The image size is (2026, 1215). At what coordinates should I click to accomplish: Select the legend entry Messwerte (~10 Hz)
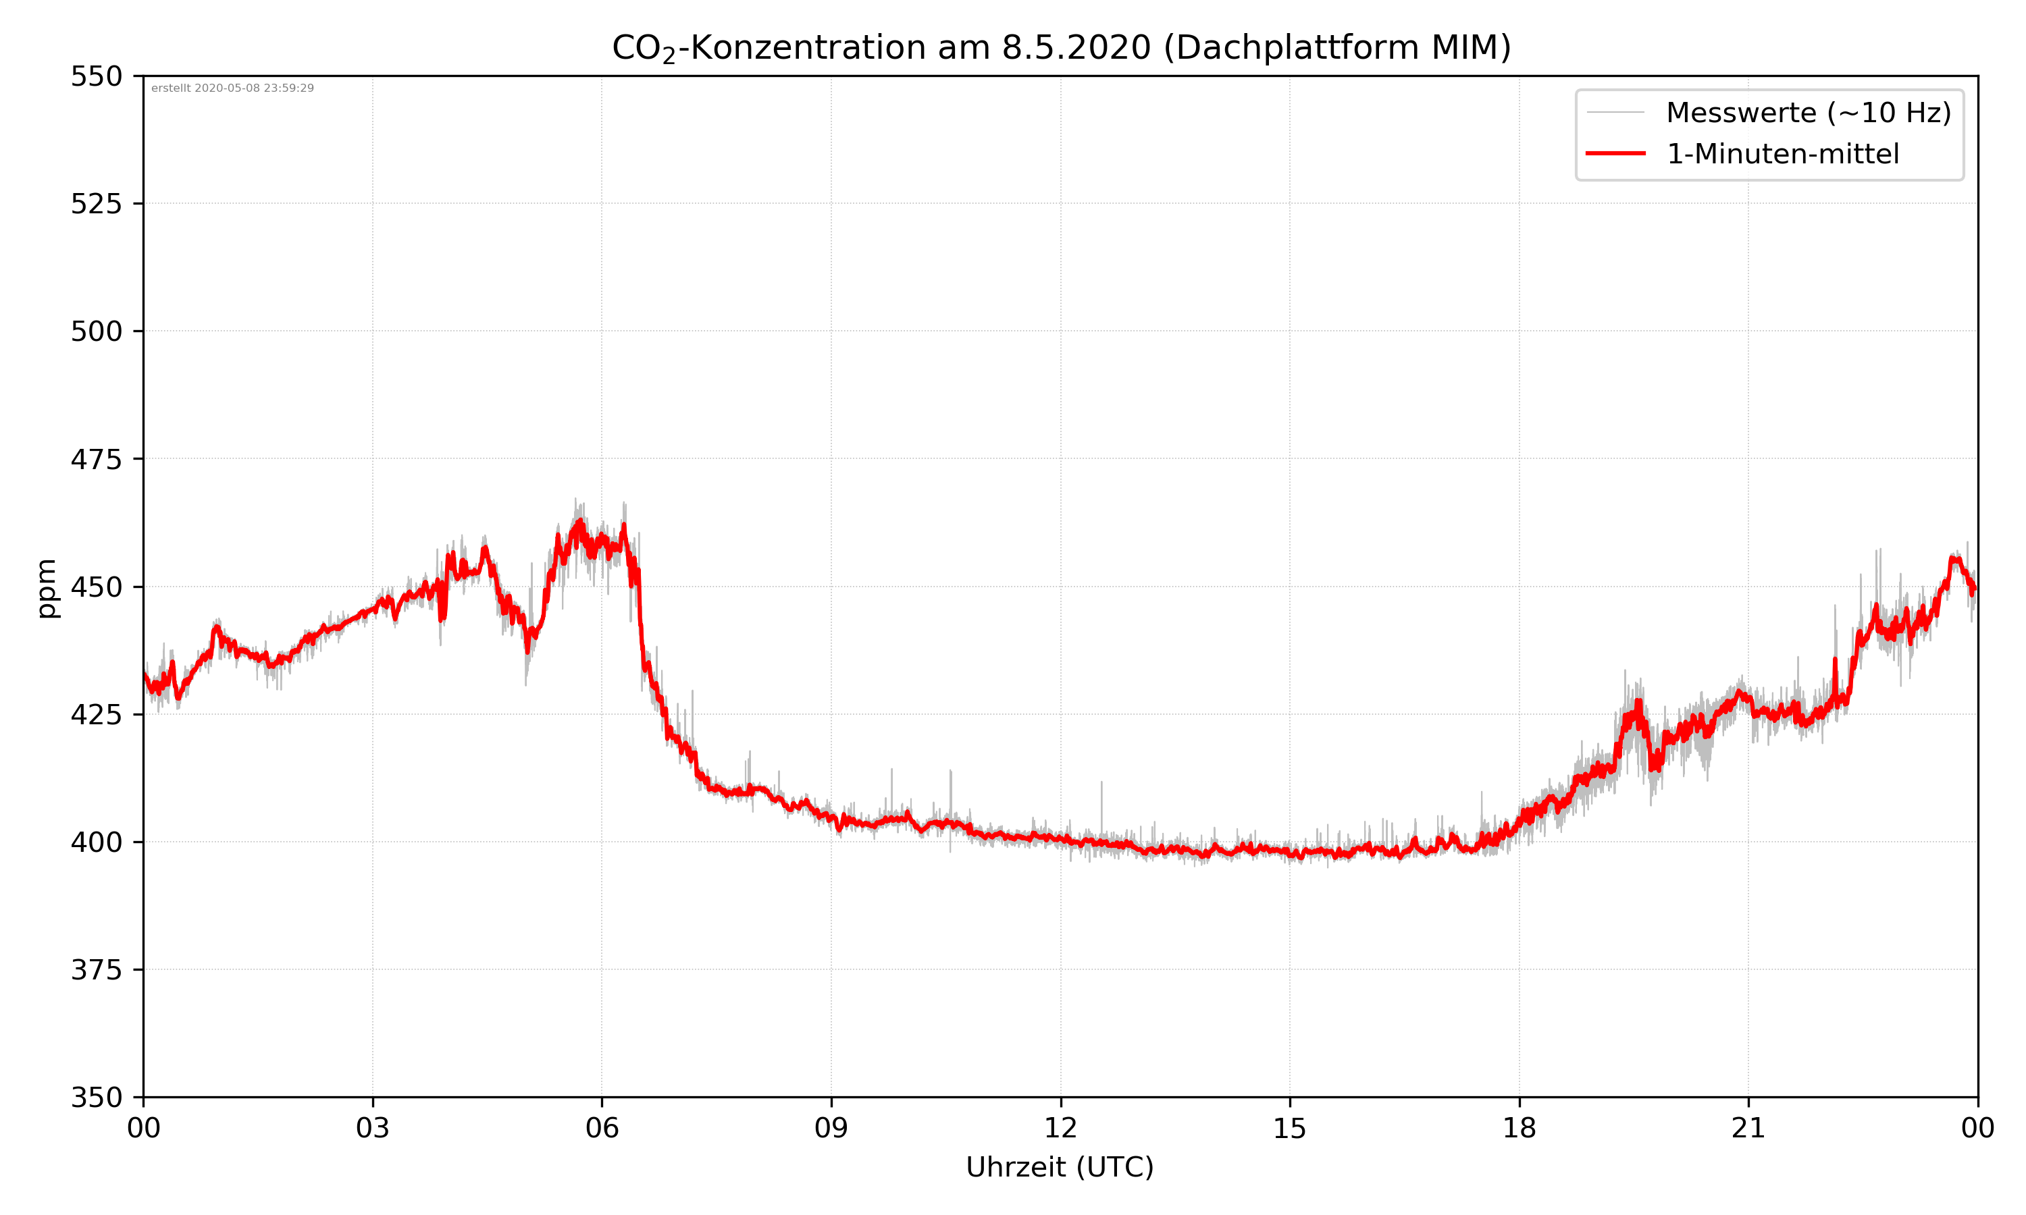click(x=1808, y=113)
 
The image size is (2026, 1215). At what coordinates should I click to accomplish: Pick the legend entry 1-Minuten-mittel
click(x=1782, y=154)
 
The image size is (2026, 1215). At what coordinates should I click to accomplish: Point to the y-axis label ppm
click(x=47, y=588)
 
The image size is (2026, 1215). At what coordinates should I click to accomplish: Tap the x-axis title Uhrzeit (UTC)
click(x=1060, y=1166)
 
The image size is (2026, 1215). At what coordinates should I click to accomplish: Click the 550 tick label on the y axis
click(x=96, y=77)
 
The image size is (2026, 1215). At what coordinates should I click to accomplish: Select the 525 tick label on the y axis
click(x=96, y=204)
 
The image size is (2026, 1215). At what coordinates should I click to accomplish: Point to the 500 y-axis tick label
click(x=96, y=331)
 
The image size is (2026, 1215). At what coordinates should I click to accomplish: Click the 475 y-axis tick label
click(x=96, y=459)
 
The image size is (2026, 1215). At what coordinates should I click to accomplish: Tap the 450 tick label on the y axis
click(x=96, y=587)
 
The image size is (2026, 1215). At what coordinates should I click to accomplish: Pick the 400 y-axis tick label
click(x=96, y=842)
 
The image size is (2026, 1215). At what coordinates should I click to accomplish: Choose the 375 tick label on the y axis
click(x=96, y=970)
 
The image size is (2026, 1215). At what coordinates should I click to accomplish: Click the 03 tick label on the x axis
click(x=373, y=1128)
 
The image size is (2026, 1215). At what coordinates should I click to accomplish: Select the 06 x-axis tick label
click(x=602, y=1128)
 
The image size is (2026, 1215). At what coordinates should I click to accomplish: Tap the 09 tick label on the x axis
click(x=831, y=1128)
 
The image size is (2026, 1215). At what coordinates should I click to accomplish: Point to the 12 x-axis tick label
click(x=1060, y=1128)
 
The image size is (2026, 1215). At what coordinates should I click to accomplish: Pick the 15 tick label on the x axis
click(x=1290, y=1128)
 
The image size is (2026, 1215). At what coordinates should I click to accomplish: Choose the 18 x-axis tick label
click(x=1519, y=1128)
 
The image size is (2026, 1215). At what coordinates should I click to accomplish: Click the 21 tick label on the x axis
click(x=1748, y=1128)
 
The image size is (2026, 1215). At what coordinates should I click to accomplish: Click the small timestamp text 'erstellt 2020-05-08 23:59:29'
click(x=232, y=88)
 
